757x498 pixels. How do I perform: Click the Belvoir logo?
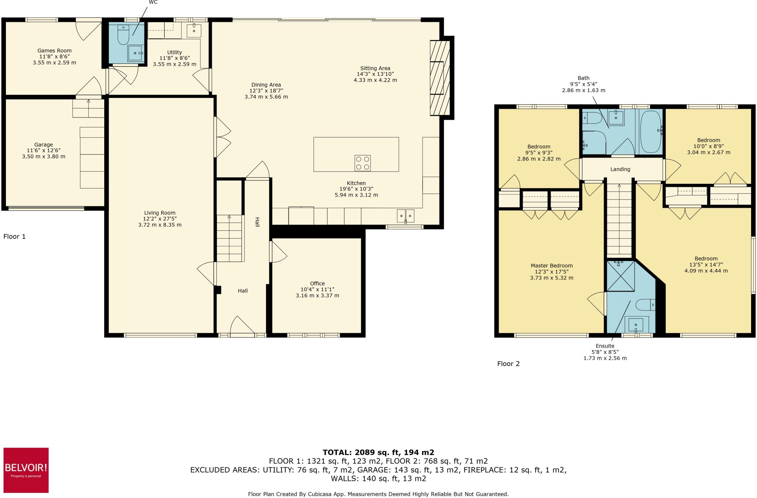click(26, 470)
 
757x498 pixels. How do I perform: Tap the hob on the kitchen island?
click(362, 163)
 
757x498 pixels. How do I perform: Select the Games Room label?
click(54, 51)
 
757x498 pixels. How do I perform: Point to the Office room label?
click(317, 284)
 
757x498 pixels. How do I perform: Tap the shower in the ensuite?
click(621, 276)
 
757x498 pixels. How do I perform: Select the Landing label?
click(620, 169)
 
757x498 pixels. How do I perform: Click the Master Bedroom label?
click(551, 265)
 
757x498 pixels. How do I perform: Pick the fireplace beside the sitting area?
click(439, 78)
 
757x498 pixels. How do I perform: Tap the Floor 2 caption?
click(508, 364)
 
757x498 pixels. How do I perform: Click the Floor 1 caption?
click(14, 237)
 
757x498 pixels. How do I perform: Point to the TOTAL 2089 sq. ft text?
click(378, 452)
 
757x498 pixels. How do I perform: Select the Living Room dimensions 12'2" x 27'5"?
click(160, 219)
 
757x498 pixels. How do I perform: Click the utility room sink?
click(194, 30)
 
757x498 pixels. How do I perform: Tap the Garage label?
click(44, 145)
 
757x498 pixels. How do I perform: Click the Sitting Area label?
click(375, 68)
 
